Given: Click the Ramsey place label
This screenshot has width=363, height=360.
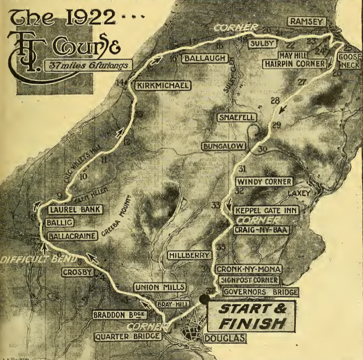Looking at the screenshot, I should click(306, 21).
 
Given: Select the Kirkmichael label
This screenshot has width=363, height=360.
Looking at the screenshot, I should click(163, 86).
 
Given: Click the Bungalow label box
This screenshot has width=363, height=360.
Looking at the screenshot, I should click(224, 146).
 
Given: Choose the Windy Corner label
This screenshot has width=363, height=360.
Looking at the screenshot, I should click(264, 181).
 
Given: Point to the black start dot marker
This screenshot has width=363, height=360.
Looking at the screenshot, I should click(204, 299).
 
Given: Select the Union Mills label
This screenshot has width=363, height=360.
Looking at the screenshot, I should click(159, 287).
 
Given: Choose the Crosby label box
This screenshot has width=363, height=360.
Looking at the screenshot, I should click(78, 272).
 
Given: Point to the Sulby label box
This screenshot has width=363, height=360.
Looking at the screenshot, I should click(264, 44).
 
